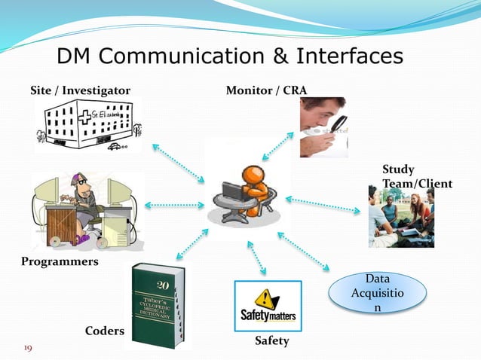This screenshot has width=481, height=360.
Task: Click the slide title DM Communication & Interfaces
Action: point(230,56)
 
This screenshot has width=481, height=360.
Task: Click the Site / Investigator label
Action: point(80,91)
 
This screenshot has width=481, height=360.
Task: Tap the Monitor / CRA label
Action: point(266,91)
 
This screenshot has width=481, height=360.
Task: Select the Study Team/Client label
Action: point(417,176)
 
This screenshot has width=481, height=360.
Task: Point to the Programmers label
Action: point(59,261)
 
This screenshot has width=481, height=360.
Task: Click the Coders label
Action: point(104,331)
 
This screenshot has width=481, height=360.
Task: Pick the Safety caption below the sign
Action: point(271,341)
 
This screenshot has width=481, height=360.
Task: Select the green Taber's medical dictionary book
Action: point(158,306)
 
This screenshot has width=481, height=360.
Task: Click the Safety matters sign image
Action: point(268,307)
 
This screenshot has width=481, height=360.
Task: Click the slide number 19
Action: point(28,348)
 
